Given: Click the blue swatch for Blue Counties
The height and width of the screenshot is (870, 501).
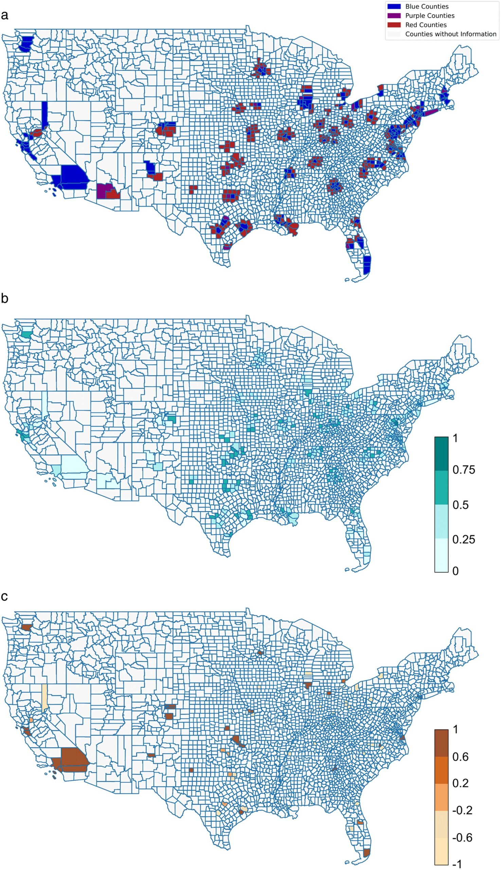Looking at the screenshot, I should pyautogui.click(x=394, y=6).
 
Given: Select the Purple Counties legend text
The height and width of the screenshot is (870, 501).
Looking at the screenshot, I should pyautogui.click(x=430, y=16).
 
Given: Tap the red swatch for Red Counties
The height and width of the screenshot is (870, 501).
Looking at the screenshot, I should pyautogui.click(x=394, y=25).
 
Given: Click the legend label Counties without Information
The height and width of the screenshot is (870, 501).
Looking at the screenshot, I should pyautogui.click(x=451, y=34).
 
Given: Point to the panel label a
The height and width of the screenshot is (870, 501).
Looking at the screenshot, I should pyautogui.click(x=4, y=15).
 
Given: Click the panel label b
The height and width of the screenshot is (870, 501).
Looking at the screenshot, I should pyautogui.click(x=4, y=298).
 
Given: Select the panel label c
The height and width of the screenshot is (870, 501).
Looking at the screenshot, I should pyautogui.click(x=4, y=596).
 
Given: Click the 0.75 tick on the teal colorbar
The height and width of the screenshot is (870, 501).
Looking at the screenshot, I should pyautogui.click(x=464, y=470).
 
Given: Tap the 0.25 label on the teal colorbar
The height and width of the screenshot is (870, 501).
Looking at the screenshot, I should pyautogui.click(x=464, y=539).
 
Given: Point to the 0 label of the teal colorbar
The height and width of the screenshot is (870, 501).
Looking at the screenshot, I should pyautogui.click(x=455, y=571).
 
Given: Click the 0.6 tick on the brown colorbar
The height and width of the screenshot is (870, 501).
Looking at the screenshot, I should pyautogui.click(x=460, y=757).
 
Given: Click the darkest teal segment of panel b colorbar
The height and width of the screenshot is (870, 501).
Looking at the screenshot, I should pyautogui.click(x=441, y=454).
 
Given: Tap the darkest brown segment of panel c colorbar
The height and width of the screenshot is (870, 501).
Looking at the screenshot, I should pyautogui.click(x=441, y=743).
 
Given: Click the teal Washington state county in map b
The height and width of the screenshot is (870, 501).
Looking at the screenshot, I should pyautogui.click(x=26, y=334).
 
